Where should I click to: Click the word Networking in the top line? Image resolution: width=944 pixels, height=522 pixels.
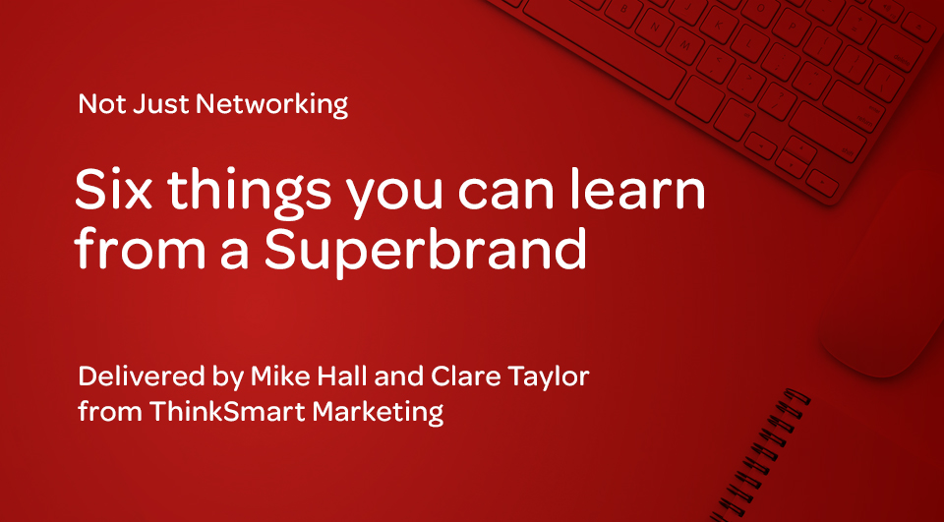tap(272, 105)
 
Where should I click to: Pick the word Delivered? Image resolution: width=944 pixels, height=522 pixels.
tap(142, 377)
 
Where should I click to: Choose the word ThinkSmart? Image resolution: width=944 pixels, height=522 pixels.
tap(227, 412)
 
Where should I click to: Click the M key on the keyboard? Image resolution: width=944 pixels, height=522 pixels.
tap(684, 45)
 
